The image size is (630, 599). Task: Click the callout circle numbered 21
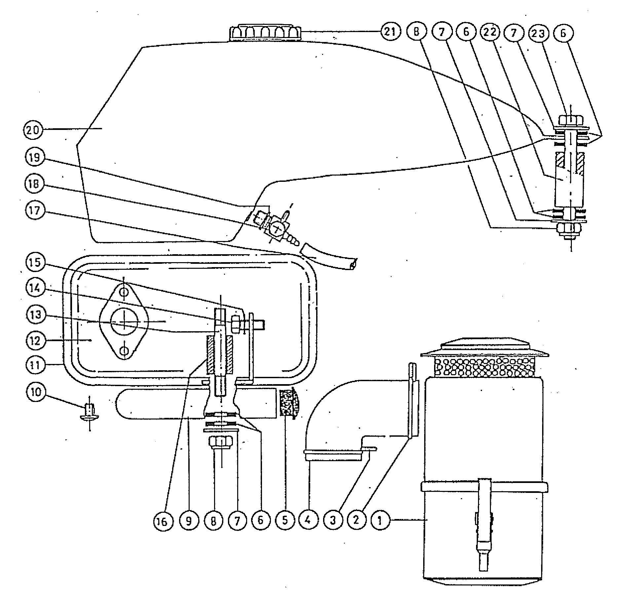point(390,32)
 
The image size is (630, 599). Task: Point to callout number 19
point(35,157)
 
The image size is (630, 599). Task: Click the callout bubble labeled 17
point(35,211)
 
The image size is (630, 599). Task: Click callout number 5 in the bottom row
point(285,521)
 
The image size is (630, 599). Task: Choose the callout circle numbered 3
point(332,521)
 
